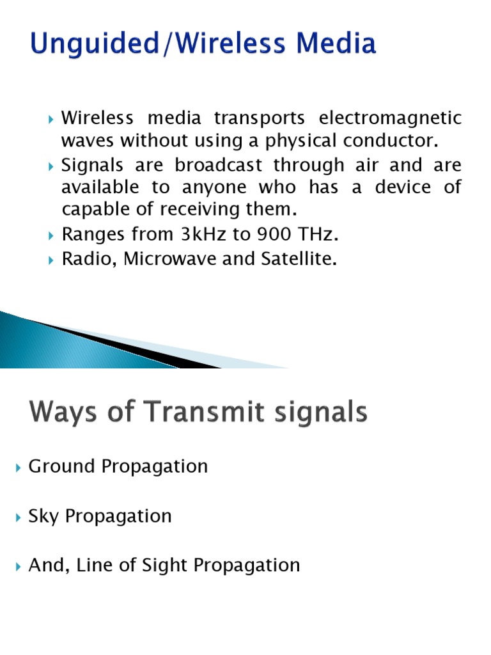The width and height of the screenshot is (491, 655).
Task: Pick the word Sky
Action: pyautogui.click(x=42, y=516)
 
